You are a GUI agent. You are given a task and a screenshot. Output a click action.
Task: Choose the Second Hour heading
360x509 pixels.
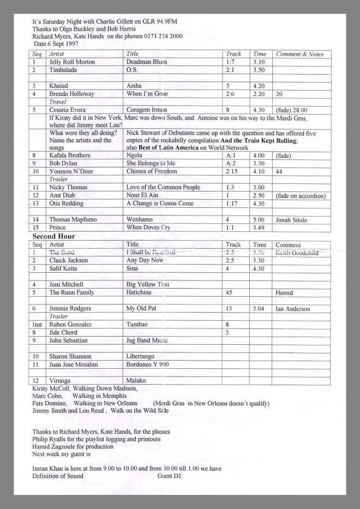coord(53,237)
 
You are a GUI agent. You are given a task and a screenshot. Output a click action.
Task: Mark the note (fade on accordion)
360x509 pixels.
coord(301,195)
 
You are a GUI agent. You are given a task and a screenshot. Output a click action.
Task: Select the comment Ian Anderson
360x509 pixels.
coord(293,309)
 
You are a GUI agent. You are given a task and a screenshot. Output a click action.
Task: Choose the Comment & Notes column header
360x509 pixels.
coord(299,54)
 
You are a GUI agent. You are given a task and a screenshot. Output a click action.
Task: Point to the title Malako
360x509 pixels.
coord(136,380)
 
